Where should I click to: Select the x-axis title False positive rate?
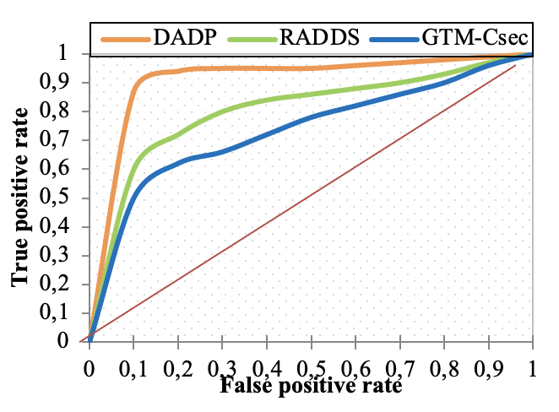click(309, 387)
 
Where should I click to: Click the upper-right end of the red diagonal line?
click(515, 66)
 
